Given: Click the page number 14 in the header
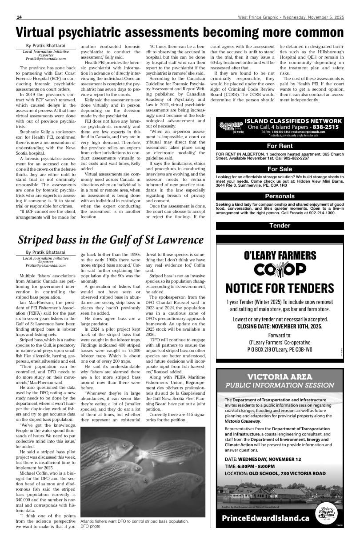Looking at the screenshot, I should [x=19, y=17].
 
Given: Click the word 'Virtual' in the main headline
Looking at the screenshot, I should [x=44, y=32].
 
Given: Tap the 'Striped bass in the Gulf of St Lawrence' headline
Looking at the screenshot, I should [x=111, y=240].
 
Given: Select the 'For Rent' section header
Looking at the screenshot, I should [x=280, y=146].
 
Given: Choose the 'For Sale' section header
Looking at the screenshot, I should [x=280, y=169].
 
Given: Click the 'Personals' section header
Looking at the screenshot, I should [x=280, y=196].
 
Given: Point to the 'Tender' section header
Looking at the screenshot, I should [x=280, y=225].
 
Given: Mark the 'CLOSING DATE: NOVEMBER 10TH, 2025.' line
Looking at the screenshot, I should [x=280, y=326].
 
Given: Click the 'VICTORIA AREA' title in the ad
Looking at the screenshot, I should [x=280, y=377].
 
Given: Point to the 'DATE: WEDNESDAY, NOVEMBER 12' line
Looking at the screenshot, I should [x=263, y=459].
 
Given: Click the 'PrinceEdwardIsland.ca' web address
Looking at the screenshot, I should [x=265, y=518].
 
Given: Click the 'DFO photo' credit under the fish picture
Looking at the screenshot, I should [x=90, y=526].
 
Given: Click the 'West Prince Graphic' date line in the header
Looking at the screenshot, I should [x=290, y=17].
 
